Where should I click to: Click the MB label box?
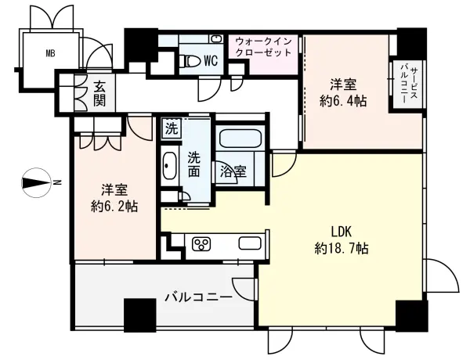coord(49,54)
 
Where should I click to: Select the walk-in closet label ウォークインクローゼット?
coord(263,46)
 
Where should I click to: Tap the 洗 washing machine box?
coord(171,126)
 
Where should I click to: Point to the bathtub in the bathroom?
coord(241,142)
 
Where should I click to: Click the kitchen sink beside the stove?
coord(249,243)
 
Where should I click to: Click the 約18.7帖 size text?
coord(342,250)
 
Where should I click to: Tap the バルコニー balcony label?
coord(197,297)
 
